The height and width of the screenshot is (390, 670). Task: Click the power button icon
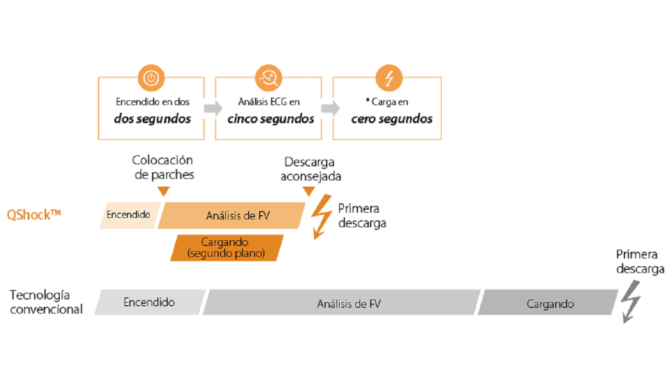coord(151,79)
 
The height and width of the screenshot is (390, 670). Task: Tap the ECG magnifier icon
coord(269,79)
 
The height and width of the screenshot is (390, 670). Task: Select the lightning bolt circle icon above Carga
coord(388,79)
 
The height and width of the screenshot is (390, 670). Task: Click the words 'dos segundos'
coord(152,119)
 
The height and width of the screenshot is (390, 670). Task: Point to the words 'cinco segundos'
coord(270,119)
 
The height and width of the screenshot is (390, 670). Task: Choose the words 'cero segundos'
coord(392,119)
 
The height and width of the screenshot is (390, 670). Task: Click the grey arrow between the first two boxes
coord(212,109)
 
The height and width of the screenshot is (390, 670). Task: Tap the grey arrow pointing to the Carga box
coord(330,109)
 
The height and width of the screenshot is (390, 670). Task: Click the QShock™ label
coord(34,214)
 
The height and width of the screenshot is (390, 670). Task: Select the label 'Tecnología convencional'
coord(46,302)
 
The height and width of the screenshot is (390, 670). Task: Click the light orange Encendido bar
coord(128,215)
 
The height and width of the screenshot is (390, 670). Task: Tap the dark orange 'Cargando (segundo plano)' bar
coord(226,248)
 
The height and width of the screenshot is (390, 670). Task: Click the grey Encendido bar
coord(149,302)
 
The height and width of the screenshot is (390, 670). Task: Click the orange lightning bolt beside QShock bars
coord(321,216)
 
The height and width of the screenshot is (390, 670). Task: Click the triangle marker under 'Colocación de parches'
coord(164,191)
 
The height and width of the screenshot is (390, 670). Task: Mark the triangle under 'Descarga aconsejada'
coord(309,191)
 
